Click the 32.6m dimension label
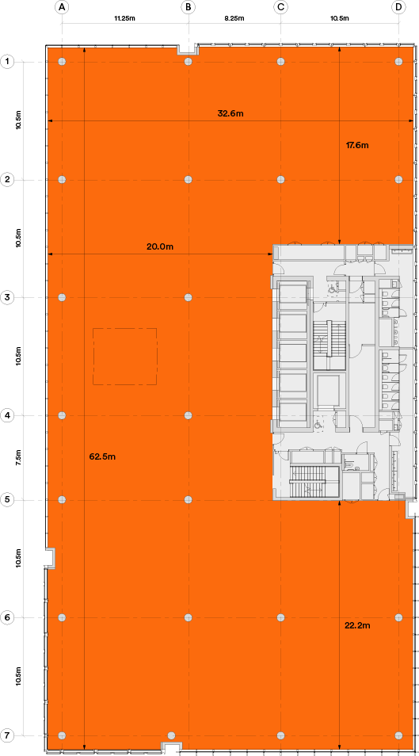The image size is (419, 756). pyautogui.click(x=230, y=113)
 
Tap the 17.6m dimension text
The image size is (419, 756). pyautogui.click(x=357, y=145)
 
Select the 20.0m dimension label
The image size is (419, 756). pyautogui.click(x=160, y=246)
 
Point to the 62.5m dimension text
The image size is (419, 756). pyautogui.click(x=102, y=456)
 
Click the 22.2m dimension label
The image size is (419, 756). pyautogui.click(x=357, y=625)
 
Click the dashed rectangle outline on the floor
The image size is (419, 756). pyautogui.click(x=125, y=357)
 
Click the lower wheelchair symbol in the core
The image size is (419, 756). pyautogui.click(x=318, y=426)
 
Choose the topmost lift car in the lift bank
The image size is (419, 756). pyautogui.click(x=292, y=293)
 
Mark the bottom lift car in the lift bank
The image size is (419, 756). pyautogui.click(x=292, y=411)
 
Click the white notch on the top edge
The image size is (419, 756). pyautogui.click(x=187, y=51)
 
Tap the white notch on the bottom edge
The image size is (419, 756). pyautogui.click(x=173, y=746)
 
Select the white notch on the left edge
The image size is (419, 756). pyautogui.click(x=50, y=558)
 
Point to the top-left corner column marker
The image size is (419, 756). pyautogui.click(x=63, y=62)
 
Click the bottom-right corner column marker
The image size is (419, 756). pyautogui.click(x=398, y=735)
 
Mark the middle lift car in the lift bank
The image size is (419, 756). pyautogui.click(x=292, y=353)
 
